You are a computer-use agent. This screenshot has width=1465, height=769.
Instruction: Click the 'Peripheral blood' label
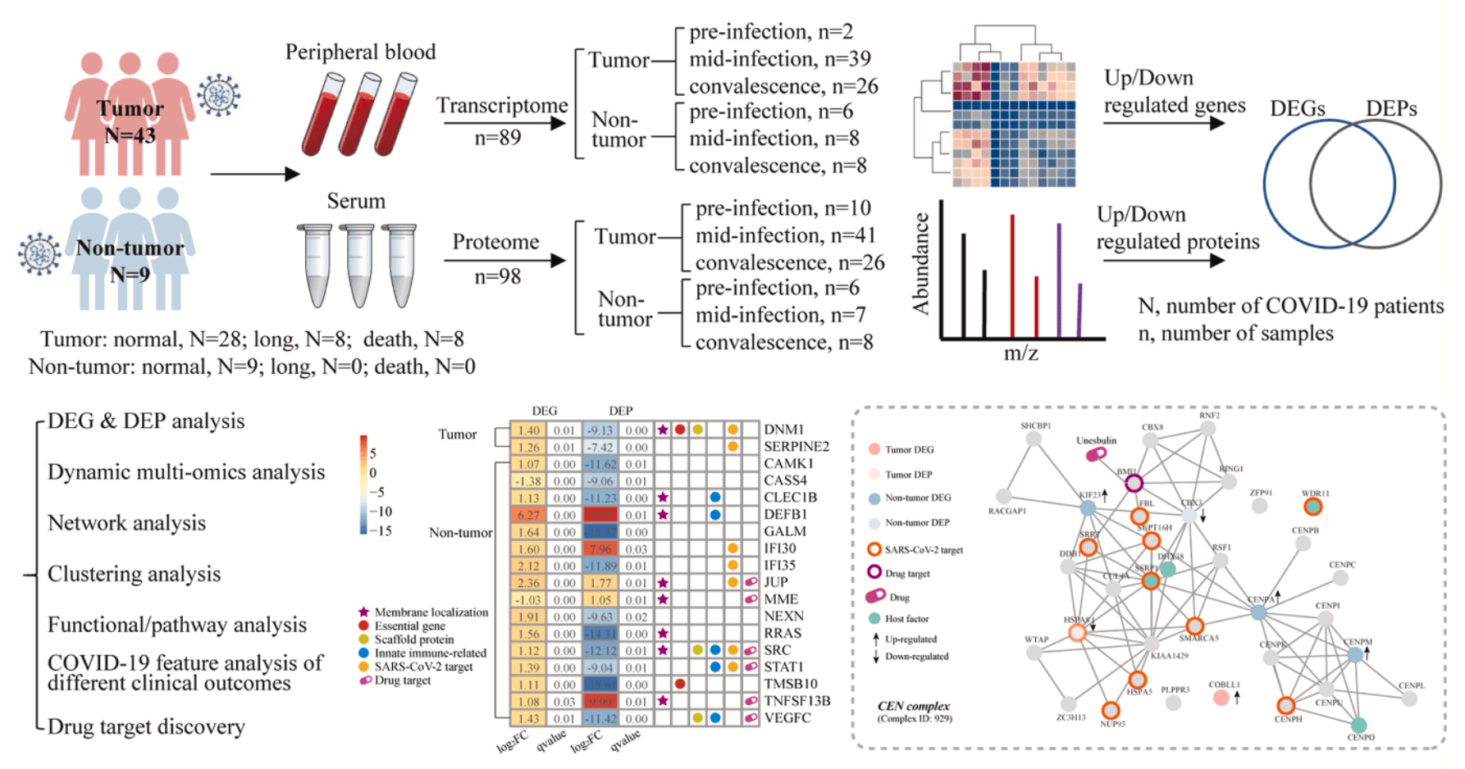coord(360,52)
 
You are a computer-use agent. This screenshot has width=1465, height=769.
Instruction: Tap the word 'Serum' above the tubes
coord(356,202)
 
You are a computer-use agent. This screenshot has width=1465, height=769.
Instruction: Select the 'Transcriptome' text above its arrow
coord(501,106)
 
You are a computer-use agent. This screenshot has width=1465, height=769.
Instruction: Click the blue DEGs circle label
coord(1297,109)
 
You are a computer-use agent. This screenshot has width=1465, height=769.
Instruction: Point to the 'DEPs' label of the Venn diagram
coord(1391,109)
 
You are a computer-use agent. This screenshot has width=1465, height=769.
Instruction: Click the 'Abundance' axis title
coord(922,264)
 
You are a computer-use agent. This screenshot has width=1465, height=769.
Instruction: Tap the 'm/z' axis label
coord(1021,353)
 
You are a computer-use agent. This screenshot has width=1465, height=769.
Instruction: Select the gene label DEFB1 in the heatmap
coord(785,515)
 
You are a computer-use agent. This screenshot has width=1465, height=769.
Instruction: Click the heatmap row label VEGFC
coord(787,718)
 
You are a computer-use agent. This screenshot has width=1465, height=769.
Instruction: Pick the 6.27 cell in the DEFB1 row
coord(528,515)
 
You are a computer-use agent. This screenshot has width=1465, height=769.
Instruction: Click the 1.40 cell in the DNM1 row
coord(528,430)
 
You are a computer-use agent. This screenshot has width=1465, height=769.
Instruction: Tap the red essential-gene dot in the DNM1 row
coord(680,430)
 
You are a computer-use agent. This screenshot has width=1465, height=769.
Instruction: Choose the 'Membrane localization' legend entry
coord(431,612)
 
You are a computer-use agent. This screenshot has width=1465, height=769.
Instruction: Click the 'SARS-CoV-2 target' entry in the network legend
coord(923,550)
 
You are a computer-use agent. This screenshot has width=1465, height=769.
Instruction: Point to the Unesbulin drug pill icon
coord(1096,453)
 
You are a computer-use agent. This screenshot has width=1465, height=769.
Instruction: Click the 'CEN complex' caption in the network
coord(913,706)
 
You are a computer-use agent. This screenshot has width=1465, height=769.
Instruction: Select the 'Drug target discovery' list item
coord(146,727)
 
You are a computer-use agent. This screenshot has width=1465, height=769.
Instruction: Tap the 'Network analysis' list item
coord(126,523)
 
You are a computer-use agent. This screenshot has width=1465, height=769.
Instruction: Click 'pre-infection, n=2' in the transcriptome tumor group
coord(770,32)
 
